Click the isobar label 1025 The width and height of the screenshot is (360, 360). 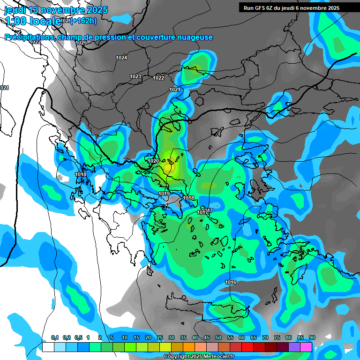tap(81, 43)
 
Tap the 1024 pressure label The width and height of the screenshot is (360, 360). tap(121, 58)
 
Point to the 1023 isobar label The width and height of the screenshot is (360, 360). tap(135, 76)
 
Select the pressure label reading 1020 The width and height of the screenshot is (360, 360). tap(153, 161)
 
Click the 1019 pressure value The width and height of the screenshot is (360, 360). tap(164, 194)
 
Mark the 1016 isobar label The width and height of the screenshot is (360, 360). tap(231, 282)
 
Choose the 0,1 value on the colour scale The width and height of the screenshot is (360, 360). tap(54, 338)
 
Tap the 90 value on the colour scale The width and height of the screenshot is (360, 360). tap(312, 338)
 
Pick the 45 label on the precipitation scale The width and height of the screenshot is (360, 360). tap(207, 338)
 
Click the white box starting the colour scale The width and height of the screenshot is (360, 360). tap(48, 347)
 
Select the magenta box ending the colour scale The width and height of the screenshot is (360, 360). tap(306, 347)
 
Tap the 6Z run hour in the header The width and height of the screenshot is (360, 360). tap(270, 8)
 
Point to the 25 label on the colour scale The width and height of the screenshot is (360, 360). tap(160, 338)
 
